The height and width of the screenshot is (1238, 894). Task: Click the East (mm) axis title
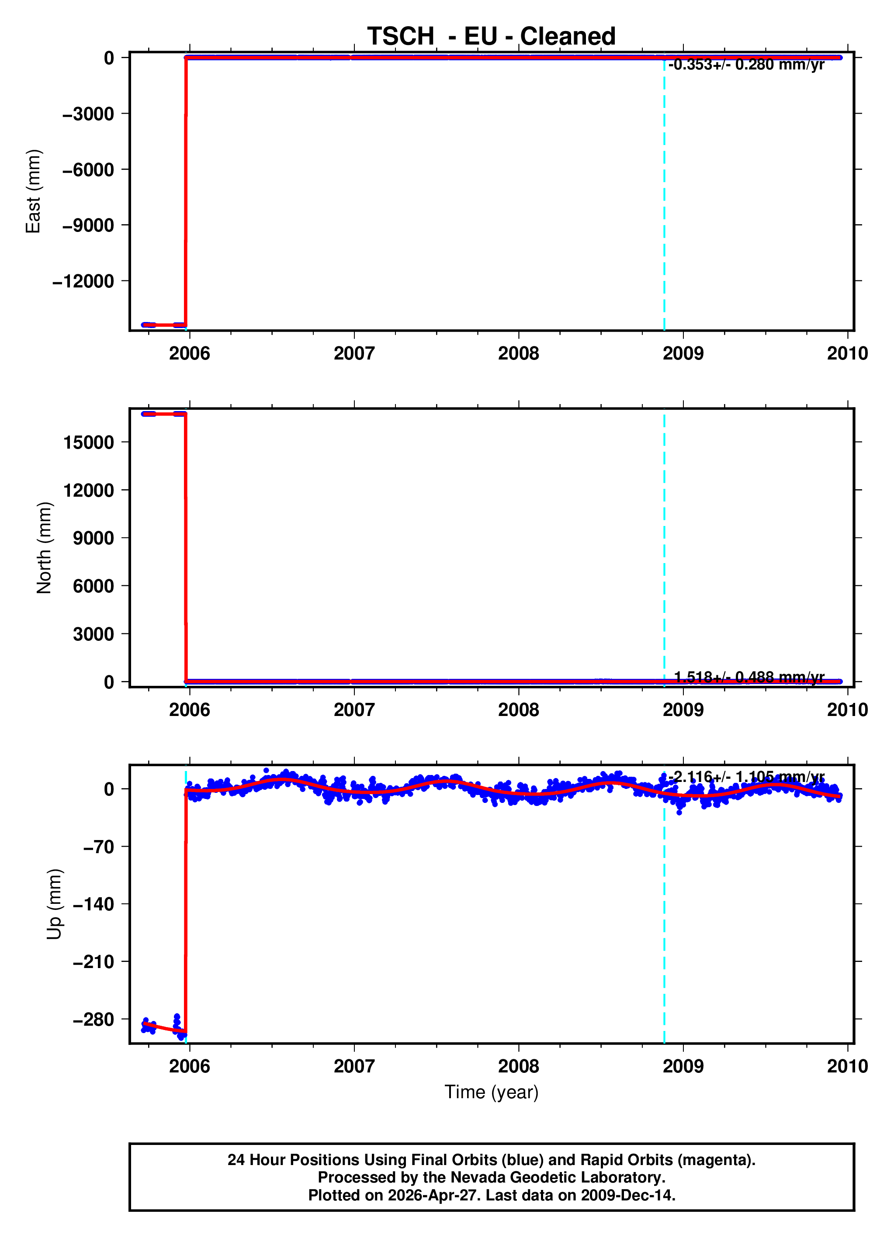(33, 191)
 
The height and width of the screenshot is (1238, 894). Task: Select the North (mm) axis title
(44, 547)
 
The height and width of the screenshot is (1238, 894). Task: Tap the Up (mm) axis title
(54, 904)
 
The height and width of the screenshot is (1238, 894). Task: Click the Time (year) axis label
(491, 1092)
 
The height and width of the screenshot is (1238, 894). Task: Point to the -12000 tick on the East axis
(83, 282)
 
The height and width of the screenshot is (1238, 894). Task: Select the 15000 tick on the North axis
(88, 442)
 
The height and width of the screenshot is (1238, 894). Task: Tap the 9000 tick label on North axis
(94, 538)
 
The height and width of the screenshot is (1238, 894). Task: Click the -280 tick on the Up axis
(94, 1019)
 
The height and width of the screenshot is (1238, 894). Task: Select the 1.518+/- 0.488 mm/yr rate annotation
(749, 678)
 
